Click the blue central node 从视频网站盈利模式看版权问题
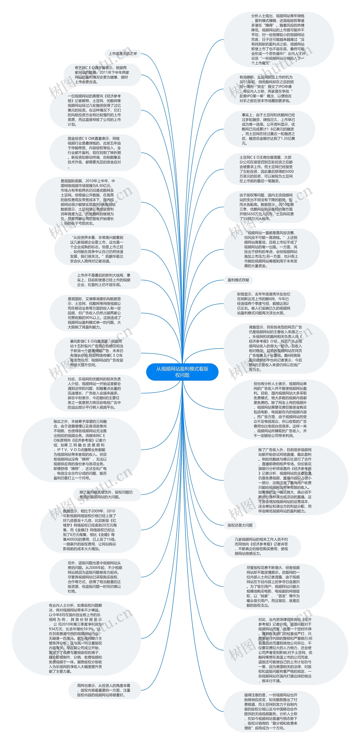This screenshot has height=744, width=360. (182, 372)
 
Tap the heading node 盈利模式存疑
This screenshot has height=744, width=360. (238, 280)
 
